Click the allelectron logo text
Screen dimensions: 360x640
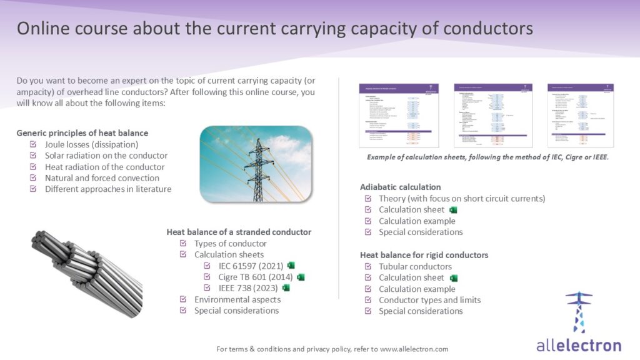click(579, 345)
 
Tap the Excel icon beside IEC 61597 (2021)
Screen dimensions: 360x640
click(291, 266)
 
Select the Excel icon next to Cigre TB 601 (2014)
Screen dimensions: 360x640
click(301, 277)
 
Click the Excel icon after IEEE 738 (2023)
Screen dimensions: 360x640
click(286, 288)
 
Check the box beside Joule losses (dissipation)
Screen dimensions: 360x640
click(32, 144)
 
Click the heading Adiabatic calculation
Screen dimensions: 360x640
click(400, 187)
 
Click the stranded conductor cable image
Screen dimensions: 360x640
click(85, 269)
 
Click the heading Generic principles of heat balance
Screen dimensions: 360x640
click(82, 133)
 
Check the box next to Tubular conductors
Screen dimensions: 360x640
click(367, 267)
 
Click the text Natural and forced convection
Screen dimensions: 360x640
click(102, 178)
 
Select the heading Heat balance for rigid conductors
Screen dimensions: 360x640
click(424, 255)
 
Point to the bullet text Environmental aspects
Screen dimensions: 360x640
click(236, 299)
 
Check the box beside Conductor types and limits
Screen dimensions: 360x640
click(367, 301)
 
